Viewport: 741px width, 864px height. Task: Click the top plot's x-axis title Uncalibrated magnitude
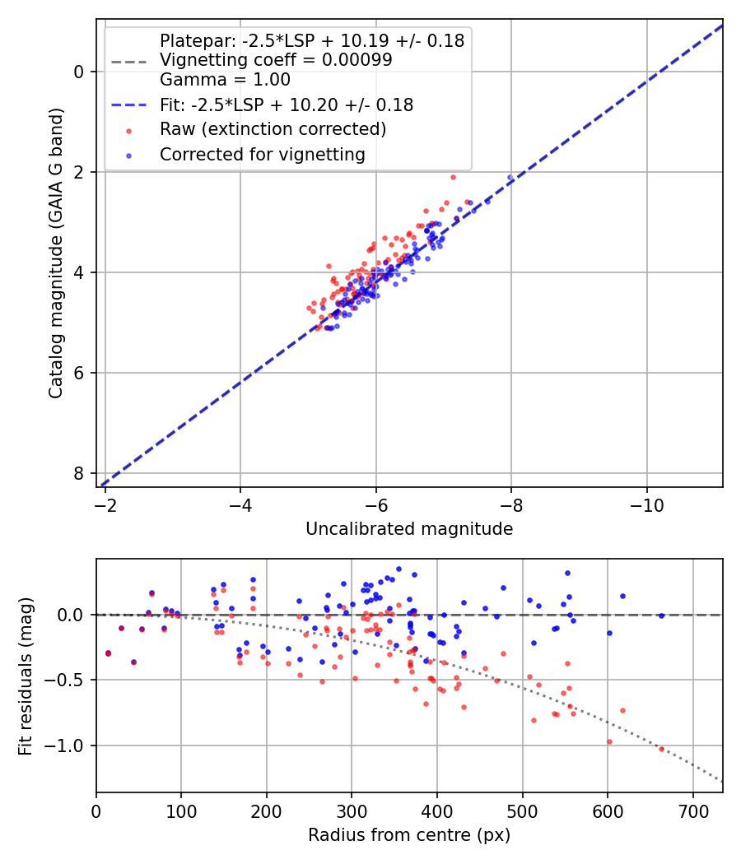pyautogui.click(x=409, y=529)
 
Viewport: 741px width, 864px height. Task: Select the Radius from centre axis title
pyautogui.click(x=409, y=835)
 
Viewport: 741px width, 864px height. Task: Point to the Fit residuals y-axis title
pyautogui.click(x=26, y=676)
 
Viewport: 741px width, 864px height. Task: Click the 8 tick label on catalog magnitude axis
pyautogui.click(x=78, y=473)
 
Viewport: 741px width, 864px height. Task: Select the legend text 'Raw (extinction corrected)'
pyautogui.click(x=273, y=129)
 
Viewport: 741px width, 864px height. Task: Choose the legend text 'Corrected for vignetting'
pyautogui.click(x=261, y=154)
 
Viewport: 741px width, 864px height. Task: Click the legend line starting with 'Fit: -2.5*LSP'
pyautogui.click(x=286, y=105)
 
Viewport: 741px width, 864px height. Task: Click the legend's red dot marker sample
pyautogui.click(x=128, y=130)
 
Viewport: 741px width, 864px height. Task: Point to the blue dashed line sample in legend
pyautogui.click(x=128, y=105)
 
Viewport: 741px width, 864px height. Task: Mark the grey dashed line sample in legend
pyautogui.click(x=128, y=61)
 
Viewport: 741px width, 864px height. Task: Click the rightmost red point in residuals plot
pyautogui.click(x=660, y=749)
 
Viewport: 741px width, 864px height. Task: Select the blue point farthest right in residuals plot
pyautogui.click(x=660, y=615)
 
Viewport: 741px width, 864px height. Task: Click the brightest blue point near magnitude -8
pyautogui.click(x=510, y=177)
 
